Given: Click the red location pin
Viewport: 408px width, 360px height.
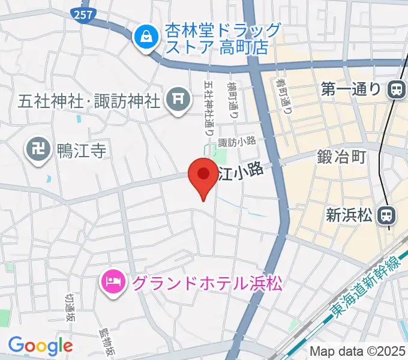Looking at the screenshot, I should point(203,175).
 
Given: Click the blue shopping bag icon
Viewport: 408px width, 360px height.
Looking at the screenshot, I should point(145,38).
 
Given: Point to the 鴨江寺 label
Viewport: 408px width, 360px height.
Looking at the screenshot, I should point(82,150).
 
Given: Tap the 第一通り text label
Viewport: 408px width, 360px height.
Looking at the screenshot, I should point(350,89).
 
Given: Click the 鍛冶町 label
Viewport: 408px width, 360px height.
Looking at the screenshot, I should point(341,157).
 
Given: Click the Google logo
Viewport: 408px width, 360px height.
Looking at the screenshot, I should point(40,346).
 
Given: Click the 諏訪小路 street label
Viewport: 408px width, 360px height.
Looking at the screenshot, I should point(237,142).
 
